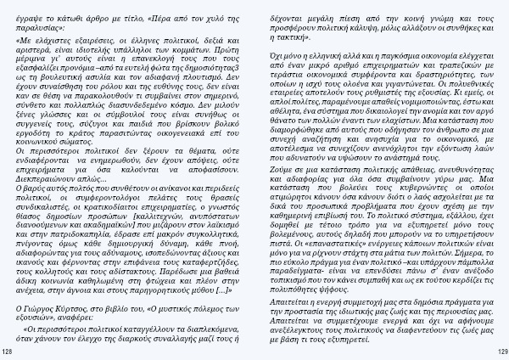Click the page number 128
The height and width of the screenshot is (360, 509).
click(x=8, y=351)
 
